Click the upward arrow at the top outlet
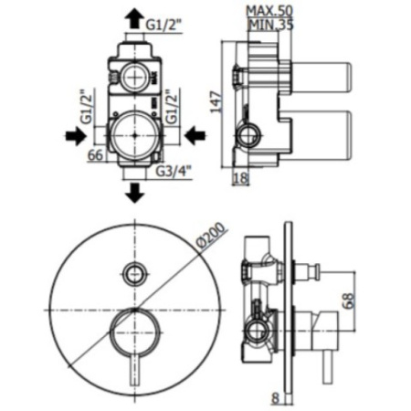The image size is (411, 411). (x=134, y=19)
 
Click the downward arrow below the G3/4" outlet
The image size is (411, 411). (x=134, y=193)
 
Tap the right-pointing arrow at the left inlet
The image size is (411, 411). (x=76, y=136)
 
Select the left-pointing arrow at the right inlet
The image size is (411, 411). (x=195, y=136)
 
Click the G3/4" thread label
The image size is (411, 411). (x=174, y=172)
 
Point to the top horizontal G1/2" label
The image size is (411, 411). (x=163, y=25)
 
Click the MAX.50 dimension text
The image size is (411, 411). (x=269, y=11)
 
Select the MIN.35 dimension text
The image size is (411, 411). (x=271, y=25)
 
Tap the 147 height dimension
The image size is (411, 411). (x=216, y=101)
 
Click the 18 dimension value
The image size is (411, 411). (x=240, y=178)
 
